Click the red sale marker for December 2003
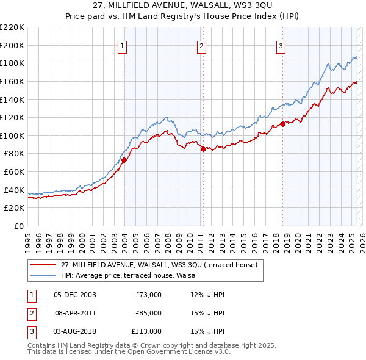(124, 160)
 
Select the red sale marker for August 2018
(282, 124)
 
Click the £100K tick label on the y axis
(12, 135)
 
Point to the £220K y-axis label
(12, 27)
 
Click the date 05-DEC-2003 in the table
(75, 295)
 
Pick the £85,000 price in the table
(148, 313)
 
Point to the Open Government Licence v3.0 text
(183, 353)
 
